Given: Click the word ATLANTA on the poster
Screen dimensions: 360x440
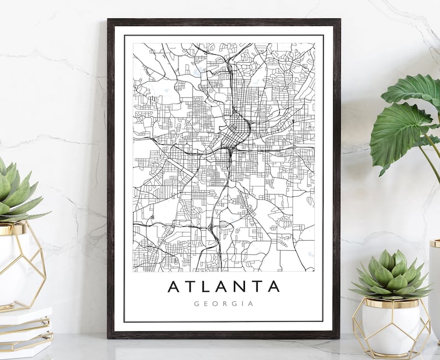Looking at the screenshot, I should [223, 287].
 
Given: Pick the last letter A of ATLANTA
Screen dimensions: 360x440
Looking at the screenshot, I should [273, 287].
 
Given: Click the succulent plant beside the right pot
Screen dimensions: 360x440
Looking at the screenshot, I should [392, 275].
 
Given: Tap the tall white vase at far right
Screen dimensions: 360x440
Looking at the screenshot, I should [434, 288].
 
